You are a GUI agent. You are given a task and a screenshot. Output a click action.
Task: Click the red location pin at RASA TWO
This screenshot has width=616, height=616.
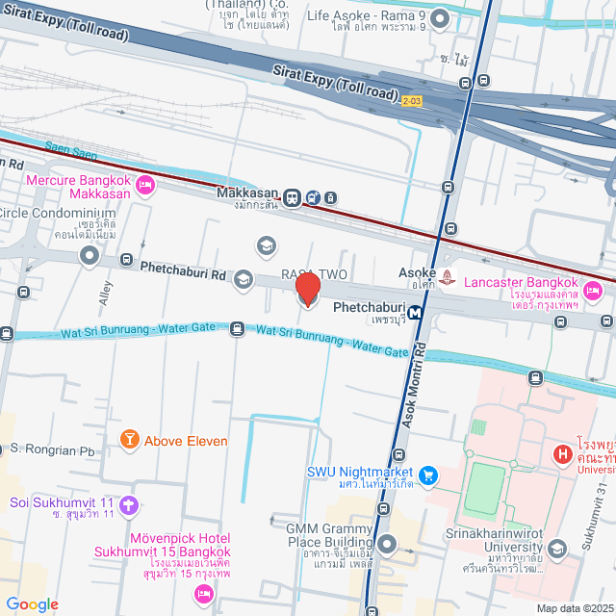(x=307, y=289)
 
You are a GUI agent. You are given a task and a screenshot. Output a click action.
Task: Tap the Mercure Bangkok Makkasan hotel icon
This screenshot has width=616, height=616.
(x=145, y=184)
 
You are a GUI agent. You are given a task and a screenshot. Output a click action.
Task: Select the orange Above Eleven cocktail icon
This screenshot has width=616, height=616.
(x=128, y=440)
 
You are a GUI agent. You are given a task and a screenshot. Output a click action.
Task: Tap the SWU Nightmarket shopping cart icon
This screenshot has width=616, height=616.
(x=428, y=474)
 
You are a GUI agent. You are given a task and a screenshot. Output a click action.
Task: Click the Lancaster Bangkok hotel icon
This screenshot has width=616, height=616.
(x=593, y=289)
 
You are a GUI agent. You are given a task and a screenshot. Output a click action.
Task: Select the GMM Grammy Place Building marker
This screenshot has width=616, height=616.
(x=388, y=545)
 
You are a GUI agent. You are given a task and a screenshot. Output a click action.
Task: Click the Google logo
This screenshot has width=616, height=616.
(x=32, y=604)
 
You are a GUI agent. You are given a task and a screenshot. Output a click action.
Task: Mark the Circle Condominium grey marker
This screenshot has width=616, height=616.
(x=90, y=256)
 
